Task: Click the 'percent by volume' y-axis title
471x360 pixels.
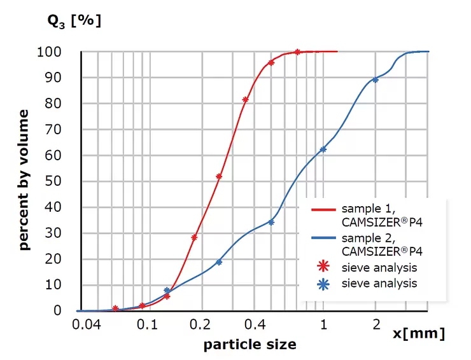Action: click(24, 180)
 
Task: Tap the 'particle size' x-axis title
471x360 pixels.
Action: click(250, 345)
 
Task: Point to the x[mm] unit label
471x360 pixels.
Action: click(418, 334)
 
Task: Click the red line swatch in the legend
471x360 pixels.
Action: click(323, 209)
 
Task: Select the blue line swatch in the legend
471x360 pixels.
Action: click(323, 239)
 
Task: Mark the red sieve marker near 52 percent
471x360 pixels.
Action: click(219, 176)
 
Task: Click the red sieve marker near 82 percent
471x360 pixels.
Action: click(246, 99)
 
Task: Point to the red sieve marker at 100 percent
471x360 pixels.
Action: click(297, 52)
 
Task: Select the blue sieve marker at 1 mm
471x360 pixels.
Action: click(323, 149)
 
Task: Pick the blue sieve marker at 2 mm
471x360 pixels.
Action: click(376, 80)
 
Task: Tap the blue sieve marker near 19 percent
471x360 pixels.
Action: click(219, 261)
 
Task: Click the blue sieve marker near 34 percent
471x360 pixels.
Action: click(271, 222)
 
